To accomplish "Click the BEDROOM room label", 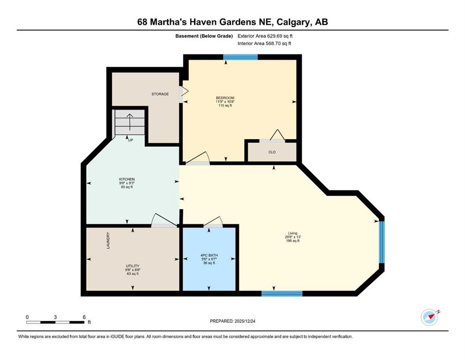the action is click(x=225, y=98).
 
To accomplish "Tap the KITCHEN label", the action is click(x=126, y=179).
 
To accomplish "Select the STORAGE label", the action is click(x=160, y=94).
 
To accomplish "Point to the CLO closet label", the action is click(x=272, y=152).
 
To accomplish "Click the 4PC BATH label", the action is click(x=209, y=255).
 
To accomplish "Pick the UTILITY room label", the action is click(x=133, y=266).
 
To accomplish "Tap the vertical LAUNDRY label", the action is click(x=108, y=240).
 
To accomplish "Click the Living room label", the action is click(x=293, y=233).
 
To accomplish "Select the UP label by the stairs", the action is click(x=131, y=140).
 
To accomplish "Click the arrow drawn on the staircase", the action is click(x=130, y=122).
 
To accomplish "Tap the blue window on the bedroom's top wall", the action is click(x=240, y=57).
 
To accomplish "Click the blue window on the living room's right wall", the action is click(x=382, y=242).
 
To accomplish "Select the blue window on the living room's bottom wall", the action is click(x=282, y=293).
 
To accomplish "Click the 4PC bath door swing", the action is click(x=213, y=221).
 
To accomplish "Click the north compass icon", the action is click(x=429, y=317).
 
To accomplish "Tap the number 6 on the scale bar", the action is click(x=84, y=317).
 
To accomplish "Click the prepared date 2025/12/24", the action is click(x=244, y=321).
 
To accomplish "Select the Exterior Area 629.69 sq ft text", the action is click(x=265, y=36).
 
